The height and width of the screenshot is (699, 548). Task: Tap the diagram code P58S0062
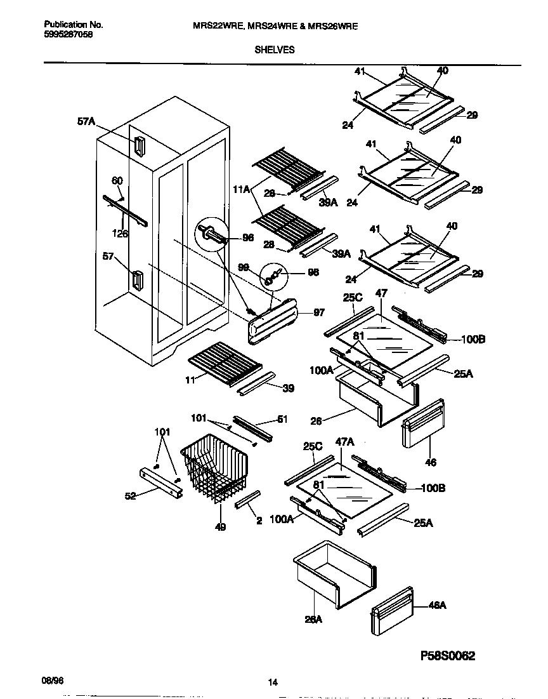tap(438, 655)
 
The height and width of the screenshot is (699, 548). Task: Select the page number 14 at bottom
tap(273, 682)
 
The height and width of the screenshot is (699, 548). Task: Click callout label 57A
tap(86, 122)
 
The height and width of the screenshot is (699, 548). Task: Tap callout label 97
tap(318, 313)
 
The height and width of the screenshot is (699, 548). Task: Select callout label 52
tap(130, 496)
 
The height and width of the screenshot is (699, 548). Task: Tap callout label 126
tap(119, 234)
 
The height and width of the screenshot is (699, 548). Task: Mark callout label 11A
tap(242, 188)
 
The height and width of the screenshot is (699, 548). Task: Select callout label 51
tap(282, 418)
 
